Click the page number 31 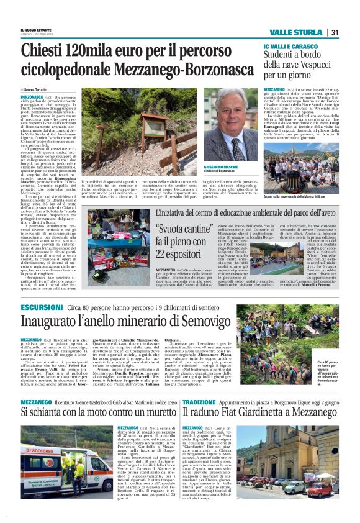pos(335,32)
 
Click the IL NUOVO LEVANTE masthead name pos(36,29)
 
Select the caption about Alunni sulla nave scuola pos(302,196)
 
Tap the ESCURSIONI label pos(41,307)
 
